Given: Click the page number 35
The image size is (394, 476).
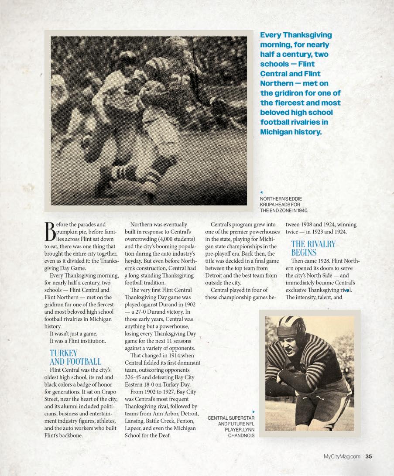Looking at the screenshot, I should pos(368,456).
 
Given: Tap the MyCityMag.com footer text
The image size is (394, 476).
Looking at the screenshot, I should pos(342,456).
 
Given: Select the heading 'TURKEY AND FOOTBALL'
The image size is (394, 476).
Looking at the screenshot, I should pos(75,357).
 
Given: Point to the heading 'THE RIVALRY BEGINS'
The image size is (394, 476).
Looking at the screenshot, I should pos(313,248).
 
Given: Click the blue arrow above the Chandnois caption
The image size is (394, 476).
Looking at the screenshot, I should pos(254,411).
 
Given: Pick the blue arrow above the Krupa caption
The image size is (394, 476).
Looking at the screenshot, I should pos(261,192).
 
